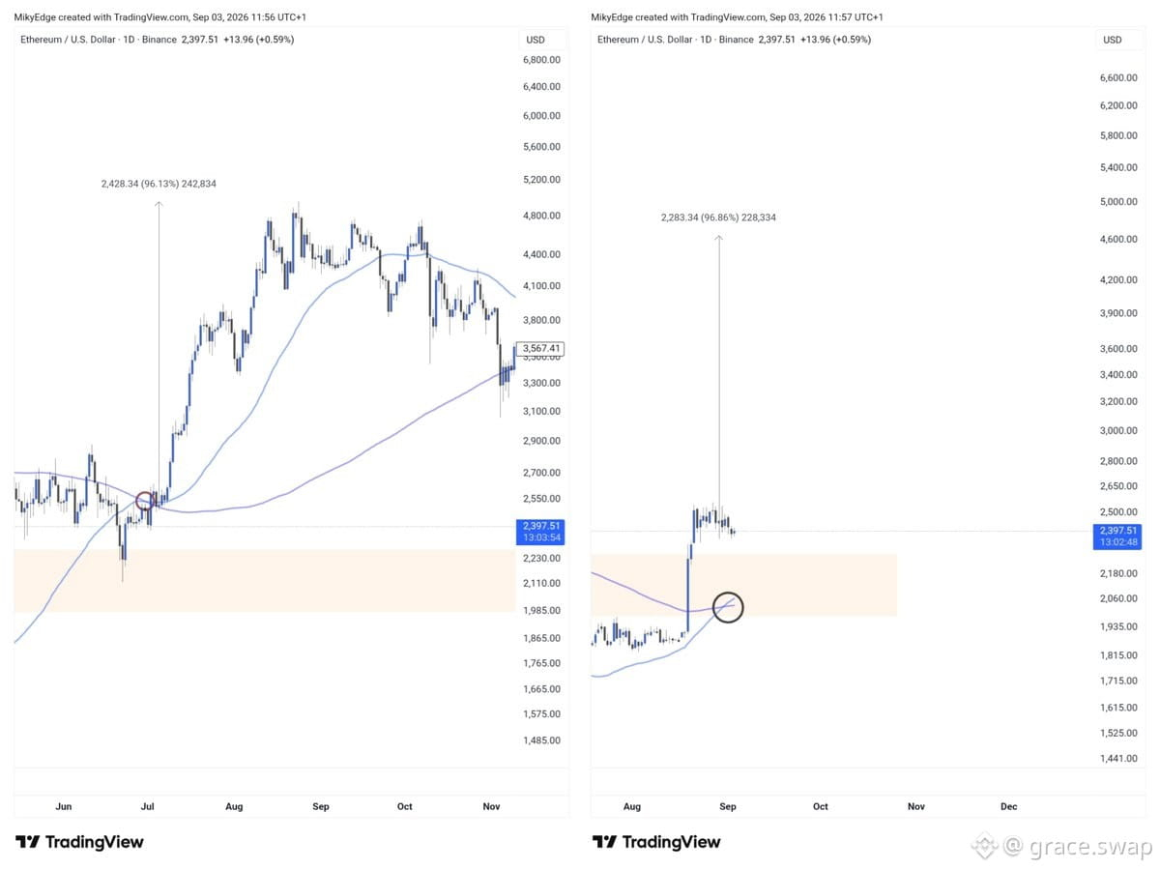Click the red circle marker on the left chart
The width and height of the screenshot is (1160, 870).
[137, 500]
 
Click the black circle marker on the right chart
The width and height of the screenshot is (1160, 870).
[714, 607]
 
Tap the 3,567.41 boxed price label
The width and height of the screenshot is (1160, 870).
[540, 348]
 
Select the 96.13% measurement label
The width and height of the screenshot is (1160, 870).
[159, 184]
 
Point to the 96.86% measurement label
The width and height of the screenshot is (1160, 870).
[718, 217]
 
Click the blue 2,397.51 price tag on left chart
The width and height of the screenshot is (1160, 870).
[540, 532]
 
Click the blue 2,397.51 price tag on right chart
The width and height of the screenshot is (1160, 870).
[1117, 536]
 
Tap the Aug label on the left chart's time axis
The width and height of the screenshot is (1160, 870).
[234, 806]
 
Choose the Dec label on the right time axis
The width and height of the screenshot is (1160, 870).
[1008, 806]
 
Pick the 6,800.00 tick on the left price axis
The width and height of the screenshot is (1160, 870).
[541, 60]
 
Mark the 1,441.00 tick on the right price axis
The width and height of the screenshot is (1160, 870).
[1118, 758]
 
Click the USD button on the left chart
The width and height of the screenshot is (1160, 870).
[536, 40]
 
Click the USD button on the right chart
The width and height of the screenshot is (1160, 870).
[1113, 40]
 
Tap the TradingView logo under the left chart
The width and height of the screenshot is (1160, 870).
[79, 841]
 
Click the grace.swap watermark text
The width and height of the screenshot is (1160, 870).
[1090, 846]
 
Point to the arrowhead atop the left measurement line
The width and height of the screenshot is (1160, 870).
[159, 203]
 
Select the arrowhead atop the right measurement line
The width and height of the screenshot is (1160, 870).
[719, 238]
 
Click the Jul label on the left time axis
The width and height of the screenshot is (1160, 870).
[148, 806]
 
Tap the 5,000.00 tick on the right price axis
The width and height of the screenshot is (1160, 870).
[1118, 202]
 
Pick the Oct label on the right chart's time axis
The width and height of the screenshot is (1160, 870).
[820, 806]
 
